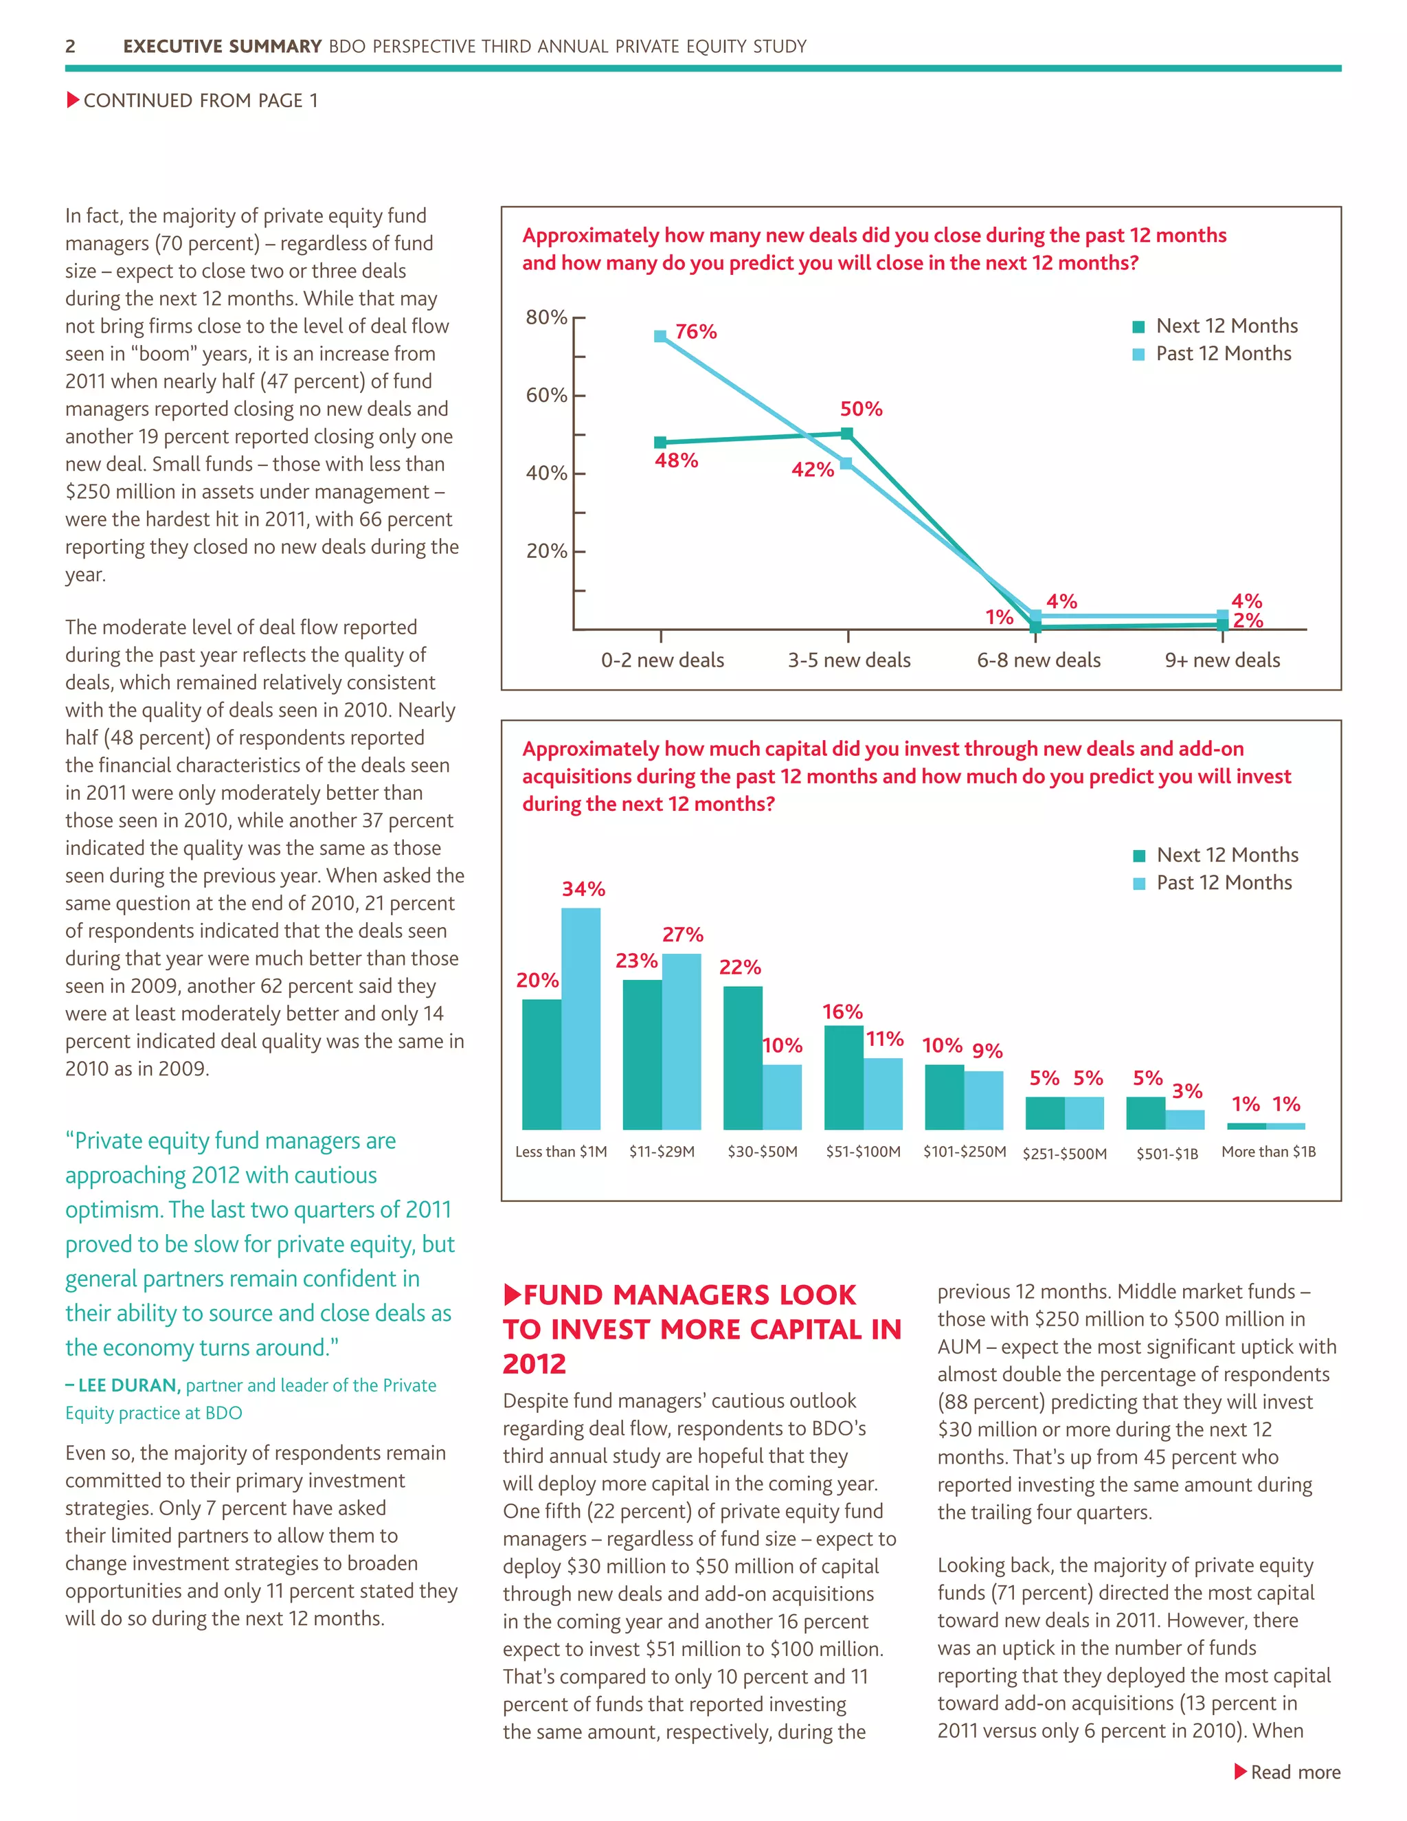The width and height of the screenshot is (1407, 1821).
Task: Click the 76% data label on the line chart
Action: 695,332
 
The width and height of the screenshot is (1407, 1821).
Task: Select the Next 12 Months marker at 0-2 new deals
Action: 660,443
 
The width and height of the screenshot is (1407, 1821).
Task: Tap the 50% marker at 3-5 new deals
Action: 847,434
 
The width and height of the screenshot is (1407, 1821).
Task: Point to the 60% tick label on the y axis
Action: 546,395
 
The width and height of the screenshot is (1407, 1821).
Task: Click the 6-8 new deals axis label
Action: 1039,660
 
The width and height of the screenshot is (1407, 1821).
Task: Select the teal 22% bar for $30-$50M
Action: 743,1058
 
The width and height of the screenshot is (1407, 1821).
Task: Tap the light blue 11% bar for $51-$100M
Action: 883,1093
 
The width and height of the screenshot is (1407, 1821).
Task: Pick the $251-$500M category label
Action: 1064,1154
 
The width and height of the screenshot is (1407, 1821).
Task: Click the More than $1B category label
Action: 1268,1152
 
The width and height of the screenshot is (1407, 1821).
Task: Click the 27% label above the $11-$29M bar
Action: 683,935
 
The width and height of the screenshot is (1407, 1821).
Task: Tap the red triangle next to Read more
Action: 1240,1772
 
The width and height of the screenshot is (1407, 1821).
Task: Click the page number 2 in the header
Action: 71,47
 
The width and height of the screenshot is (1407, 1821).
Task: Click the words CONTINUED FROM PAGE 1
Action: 200,101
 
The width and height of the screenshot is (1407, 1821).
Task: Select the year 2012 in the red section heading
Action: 534,1364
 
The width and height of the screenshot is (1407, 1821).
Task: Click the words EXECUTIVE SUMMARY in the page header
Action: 222,47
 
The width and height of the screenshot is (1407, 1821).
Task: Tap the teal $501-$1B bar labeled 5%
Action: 1145,1113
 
